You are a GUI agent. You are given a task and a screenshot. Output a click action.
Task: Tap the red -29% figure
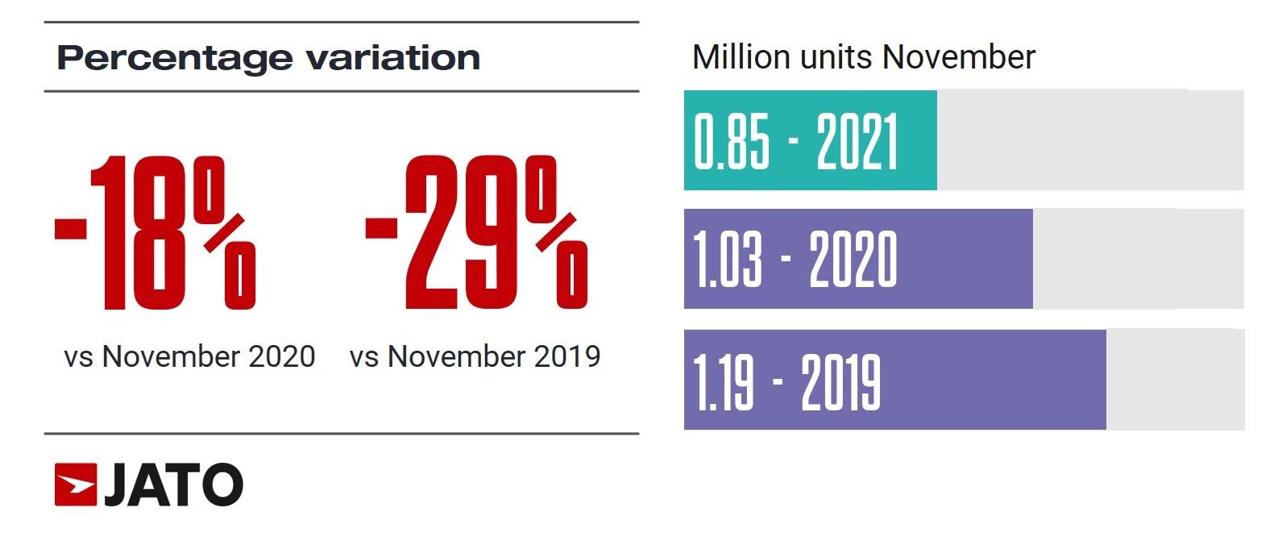coord(475,233)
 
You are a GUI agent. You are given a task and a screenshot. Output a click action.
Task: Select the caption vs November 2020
coord(189,356)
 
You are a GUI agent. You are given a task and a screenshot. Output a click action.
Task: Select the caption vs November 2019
coord(475,356)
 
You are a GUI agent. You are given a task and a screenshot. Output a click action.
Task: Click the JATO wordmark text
coord(173,485)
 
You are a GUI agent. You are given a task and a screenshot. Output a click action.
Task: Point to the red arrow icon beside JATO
coord(75,485)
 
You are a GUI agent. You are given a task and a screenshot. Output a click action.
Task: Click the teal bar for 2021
coord(810,140)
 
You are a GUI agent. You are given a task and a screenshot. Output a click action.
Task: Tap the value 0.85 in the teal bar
coord(732,142)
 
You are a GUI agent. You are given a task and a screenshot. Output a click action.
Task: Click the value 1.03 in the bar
coord(727,260)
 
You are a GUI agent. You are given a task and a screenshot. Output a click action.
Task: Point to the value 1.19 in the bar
coord(723,381)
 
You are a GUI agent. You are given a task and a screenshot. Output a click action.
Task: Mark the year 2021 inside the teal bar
coord(857,142)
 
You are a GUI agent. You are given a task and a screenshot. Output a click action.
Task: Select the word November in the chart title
coord(958,57)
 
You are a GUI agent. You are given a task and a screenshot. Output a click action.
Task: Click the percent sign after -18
coord(229,233)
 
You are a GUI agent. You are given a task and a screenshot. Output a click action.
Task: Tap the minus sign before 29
coord(380,227)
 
